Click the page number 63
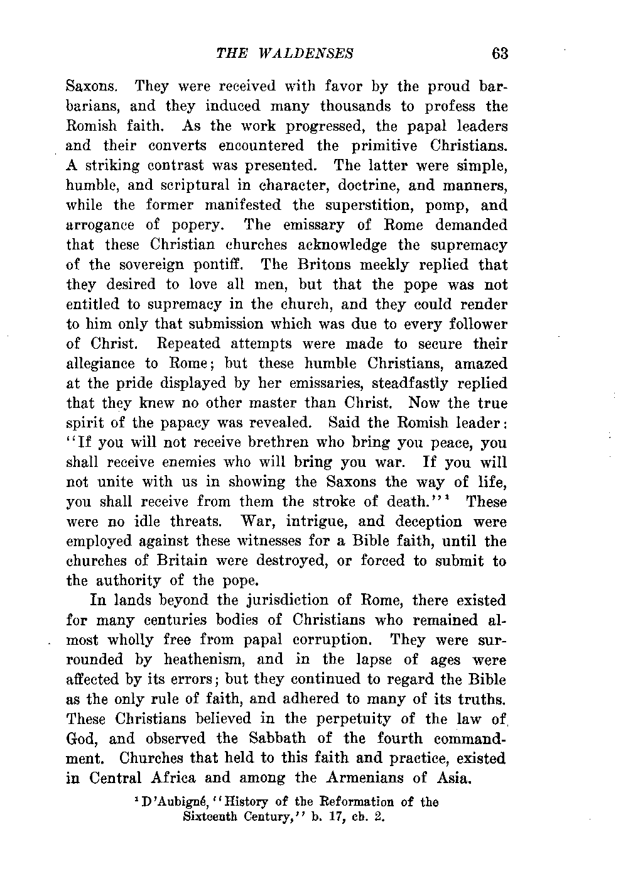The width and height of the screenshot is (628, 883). point(500,53)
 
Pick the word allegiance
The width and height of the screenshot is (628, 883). point(100,364)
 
